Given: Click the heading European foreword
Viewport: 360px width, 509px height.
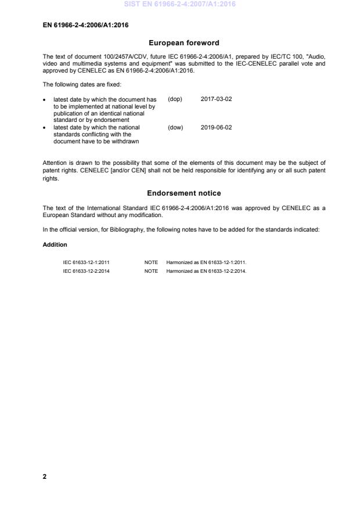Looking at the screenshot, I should click(183, 43).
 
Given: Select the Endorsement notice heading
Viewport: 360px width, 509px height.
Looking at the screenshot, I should click(183, 193).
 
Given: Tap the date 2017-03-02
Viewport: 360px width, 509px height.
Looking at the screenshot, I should click(216, 99).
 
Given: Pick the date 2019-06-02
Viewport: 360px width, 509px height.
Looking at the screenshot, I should click(216, 128).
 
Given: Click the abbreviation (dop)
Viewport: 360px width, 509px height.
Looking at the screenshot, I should click(175, 99).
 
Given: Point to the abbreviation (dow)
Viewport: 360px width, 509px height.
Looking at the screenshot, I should click(175, 128).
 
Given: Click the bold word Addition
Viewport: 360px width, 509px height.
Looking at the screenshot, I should click(55, 244).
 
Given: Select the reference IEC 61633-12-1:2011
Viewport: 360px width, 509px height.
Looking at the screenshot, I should click(86, 262).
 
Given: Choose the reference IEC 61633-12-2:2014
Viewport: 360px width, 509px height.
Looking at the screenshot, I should click(86, 271).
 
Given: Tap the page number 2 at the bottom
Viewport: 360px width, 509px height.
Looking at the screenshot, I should click(45, 476).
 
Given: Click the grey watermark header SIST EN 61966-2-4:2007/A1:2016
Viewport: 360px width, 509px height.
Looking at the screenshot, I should click(180, 5).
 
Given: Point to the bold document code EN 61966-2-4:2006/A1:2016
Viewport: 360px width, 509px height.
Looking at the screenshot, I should click(86, 26).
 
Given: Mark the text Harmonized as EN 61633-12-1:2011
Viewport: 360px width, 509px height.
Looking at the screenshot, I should click(206, 262).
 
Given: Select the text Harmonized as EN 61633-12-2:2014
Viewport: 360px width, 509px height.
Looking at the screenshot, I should click(206, 271).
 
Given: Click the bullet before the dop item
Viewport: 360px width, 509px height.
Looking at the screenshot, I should click(45, 99).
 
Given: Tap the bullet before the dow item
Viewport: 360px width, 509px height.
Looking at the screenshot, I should click(45, 128).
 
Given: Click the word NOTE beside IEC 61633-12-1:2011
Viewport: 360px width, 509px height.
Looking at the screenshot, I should click(151, 262).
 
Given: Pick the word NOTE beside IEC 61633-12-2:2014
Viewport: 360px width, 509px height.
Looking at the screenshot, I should click(151, 271).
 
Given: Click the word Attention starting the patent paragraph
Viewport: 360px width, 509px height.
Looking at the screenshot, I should click(55, 163).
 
